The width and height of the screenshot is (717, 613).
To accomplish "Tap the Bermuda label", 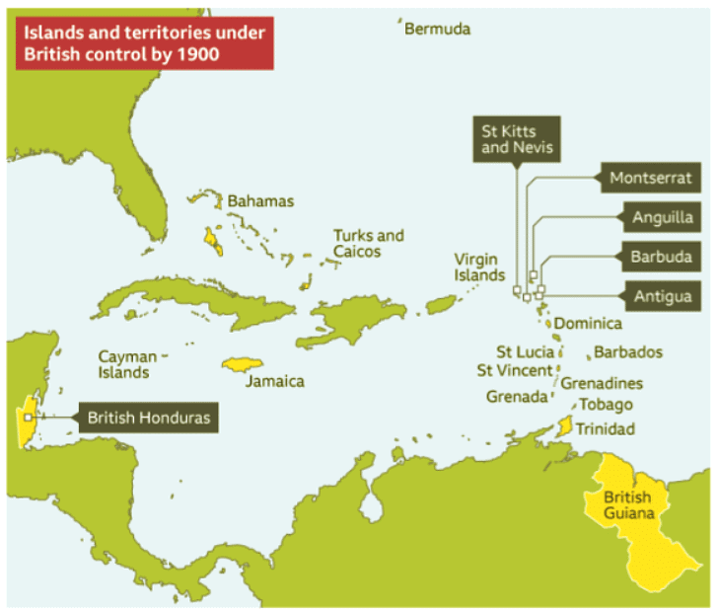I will (x=437, y=29).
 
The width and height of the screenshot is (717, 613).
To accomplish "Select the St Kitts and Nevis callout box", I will (x=516, y=139).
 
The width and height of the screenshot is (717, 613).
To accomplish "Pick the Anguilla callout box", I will (x=661, y=218).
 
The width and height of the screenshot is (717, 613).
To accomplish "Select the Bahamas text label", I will (x=260, y=201).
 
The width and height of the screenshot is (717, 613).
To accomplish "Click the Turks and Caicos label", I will (x=368, y=243).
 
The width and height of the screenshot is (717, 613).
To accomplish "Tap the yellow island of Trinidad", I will (x=565, y=426).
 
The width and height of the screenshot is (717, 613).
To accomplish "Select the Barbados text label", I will (x=628, y=351).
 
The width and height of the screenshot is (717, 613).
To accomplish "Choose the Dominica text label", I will (x=588, y=323).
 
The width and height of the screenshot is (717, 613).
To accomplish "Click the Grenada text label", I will (x=516, y=397).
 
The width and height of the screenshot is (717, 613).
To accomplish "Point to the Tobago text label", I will (x=606, y=405).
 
